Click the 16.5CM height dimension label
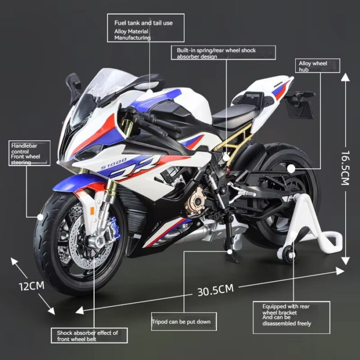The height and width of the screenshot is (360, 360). point(345,168)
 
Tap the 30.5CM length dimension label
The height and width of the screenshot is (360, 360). point(215,290)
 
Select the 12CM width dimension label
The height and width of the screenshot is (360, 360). point(31,286)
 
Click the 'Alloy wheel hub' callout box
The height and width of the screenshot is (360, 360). point(317,66)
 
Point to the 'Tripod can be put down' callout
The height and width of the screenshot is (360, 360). point(184,321)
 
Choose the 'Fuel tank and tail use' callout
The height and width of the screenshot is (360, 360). point(146,28)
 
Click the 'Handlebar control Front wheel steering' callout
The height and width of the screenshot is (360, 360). point(29,153)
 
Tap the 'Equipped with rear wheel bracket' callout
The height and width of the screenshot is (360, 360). point(292,317)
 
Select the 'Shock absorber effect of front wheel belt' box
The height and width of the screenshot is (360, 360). point(89,335)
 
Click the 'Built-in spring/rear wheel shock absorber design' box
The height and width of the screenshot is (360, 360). point(223,52)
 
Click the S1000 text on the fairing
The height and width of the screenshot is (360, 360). point(114,164)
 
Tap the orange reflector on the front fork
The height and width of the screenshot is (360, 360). point(92,211)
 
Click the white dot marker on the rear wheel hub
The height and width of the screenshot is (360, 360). point(291,169)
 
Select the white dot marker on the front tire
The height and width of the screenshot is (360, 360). point(40,217)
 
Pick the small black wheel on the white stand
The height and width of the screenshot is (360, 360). point(287,255)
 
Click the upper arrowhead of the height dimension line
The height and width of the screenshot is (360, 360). point(345,77)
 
